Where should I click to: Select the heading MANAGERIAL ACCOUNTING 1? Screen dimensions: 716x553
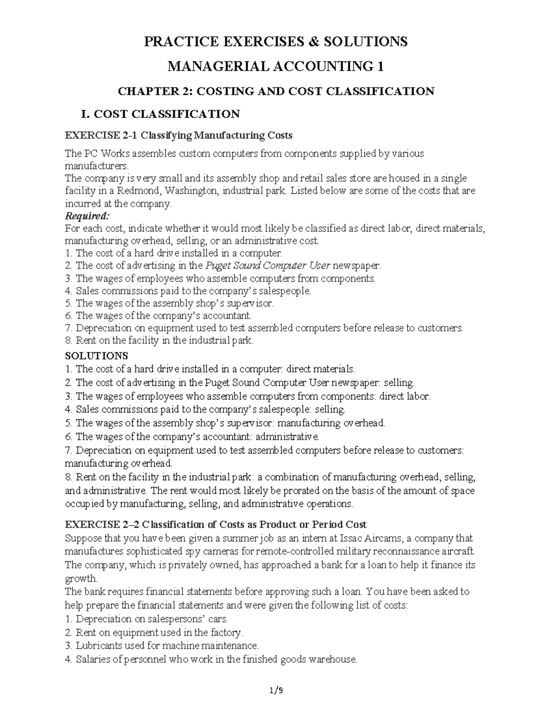click(276, 67)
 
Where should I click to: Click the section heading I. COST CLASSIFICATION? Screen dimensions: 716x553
click(160, 114)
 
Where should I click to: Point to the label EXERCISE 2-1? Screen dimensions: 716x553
click(101, 136)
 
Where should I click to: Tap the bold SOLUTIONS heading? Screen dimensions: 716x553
click(96, 356)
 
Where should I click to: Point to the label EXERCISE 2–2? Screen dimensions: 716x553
click(101, 524)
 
